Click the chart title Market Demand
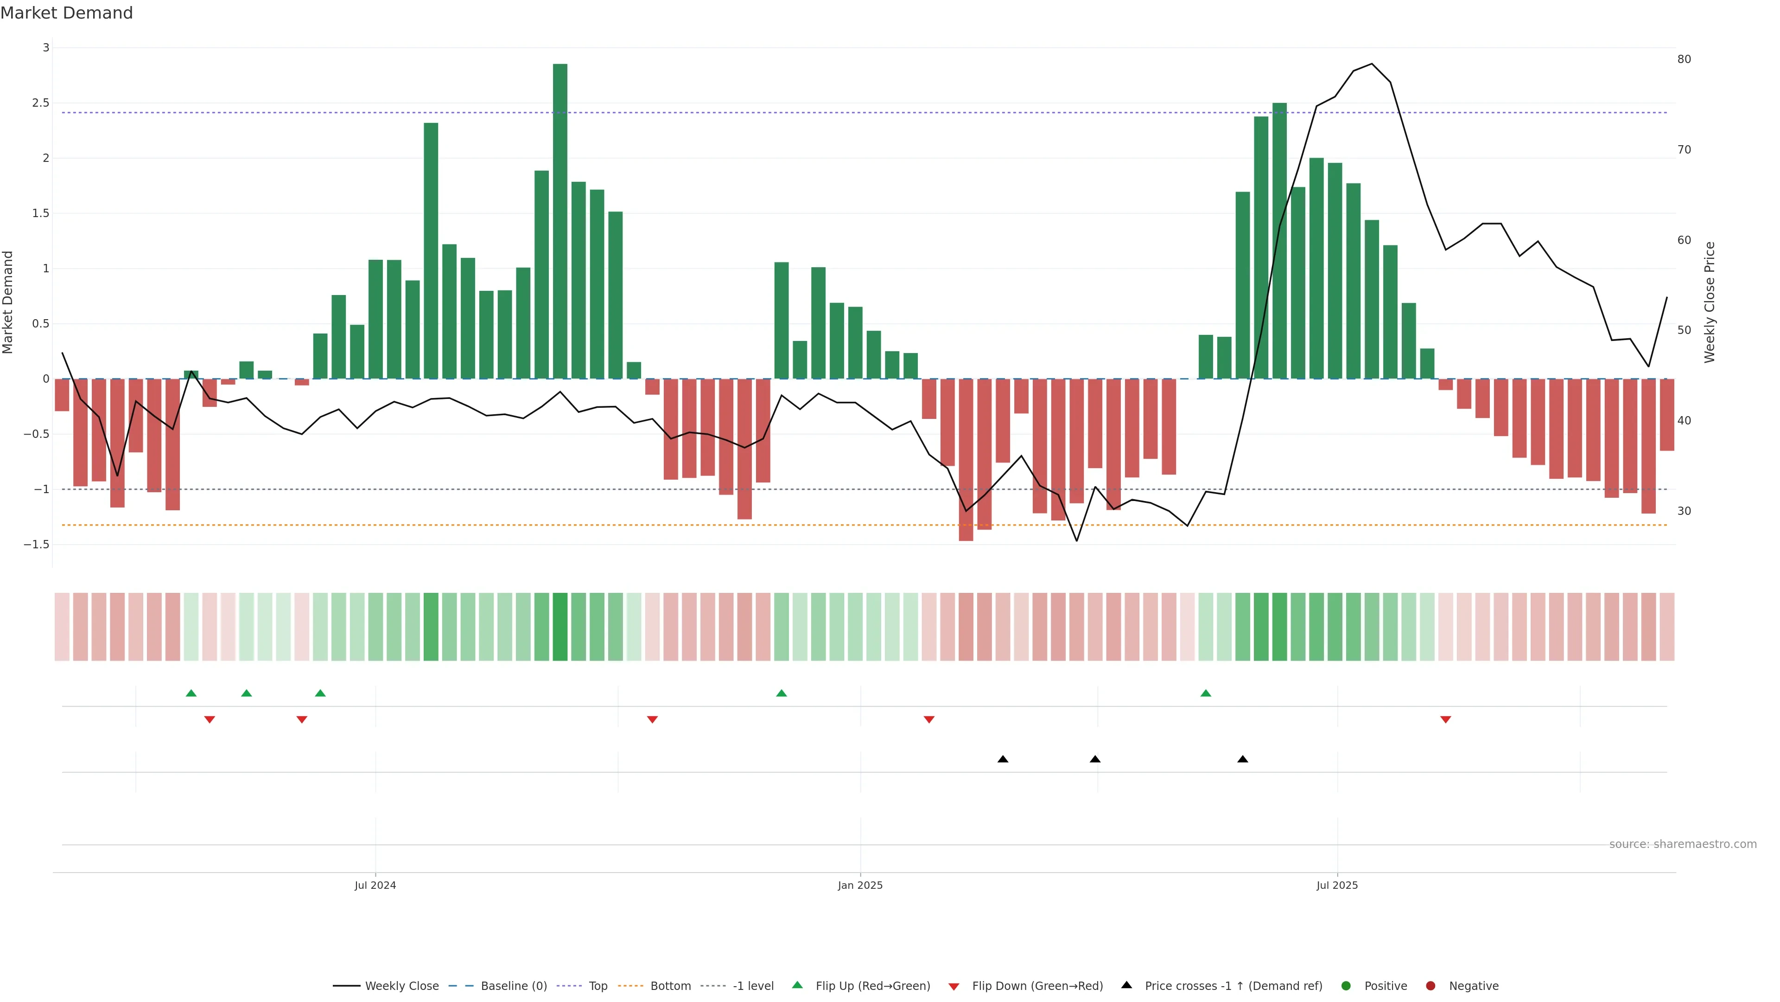pos(66,13)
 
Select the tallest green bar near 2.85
pos(559,221)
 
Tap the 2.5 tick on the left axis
pos(41,103)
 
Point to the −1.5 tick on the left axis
pos(37,544)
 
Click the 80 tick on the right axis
pos(1684,59)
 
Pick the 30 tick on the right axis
pos(1684,511)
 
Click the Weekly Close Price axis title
pos(1710,302)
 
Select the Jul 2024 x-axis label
pos(375,885)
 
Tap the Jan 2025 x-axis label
pos(860,885)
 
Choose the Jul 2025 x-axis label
pos(1337,885)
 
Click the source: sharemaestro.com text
pos(1683,844)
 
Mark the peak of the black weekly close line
pos(1372,64)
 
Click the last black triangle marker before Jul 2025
pos(1242,759)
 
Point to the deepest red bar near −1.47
pos(966,460)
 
